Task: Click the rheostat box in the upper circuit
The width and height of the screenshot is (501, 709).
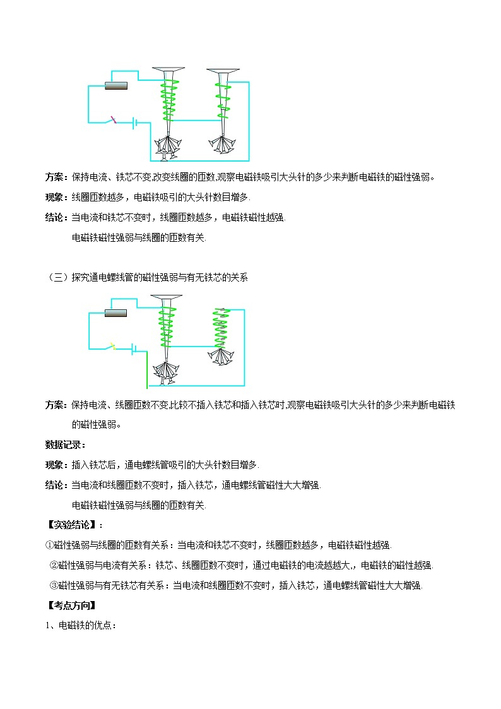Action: coord(115,86)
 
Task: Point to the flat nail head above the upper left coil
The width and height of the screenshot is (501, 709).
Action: coord(168,69)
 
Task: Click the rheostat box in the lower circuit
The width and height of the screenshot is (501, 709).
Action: coord(115,313)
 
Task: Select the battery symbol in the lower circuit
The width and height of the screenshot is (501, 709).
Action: coord(134,349)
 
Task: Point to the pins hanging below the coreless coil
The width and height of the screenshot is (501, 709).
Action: coord(221,357)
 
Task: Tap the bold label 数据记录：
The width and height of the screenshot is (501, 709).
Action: coord(66,444)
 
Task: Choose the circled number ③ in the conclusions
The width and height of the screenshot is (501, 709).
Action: coord(54,585)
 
